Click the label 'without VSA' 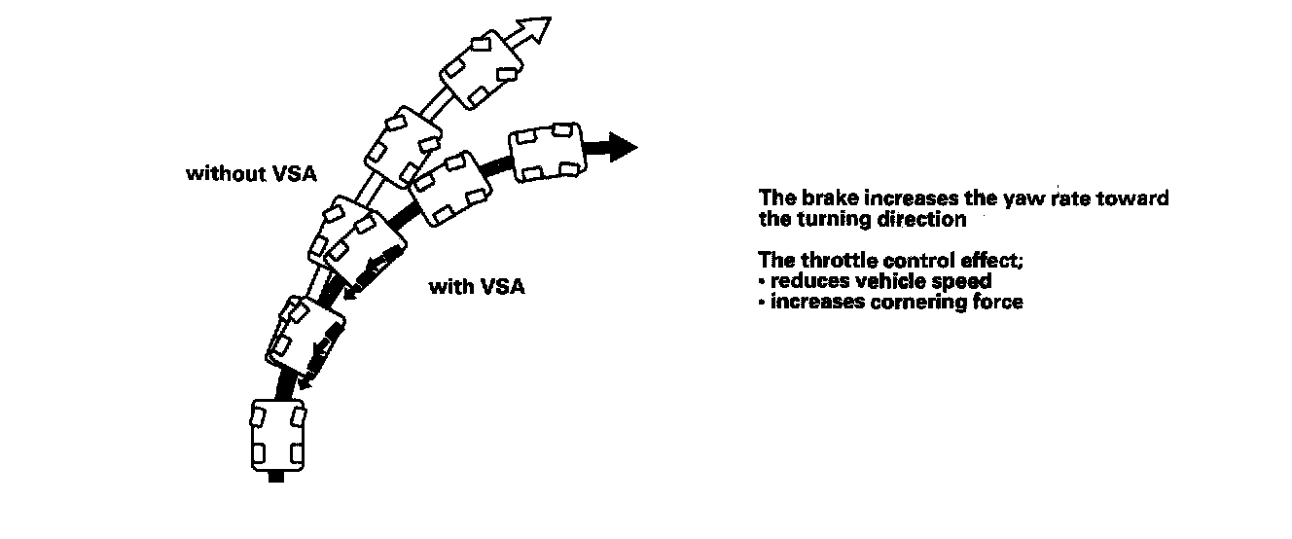(x=252, y=174)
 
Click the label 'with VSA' (x=477, y=287)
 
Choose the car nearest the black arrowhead (x=545, y=151)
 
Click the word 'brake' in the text (x=823, y=198)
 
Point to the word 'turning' (x=825, y=219)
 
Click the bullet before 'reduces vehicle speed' (x=762, y=282)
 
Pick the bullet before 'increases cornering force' (x=762, y=303)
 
